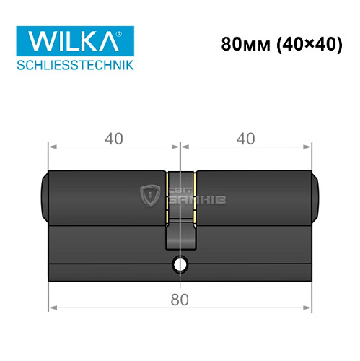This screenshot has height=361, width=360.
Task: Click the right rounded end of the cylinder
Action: coord(317,196)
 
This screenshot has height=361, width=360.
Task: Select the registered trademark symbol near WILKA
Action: coord(129,32)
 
